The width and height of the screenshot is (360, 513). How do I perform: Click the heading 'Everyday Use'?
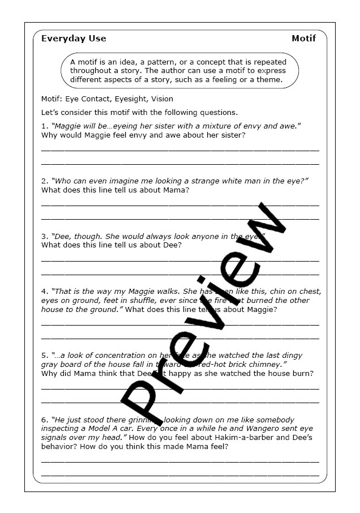[x=74, y=39]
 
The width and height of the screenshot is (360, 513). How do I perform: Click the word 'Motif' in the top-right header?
[x=303, y=39]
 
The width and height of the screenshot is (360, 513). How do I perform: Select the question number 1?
[x=44, y=126]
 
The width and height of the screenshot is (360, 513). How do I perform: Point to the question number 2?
[x=44, y=181]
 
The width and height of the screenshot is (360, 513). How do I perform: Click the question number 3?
[x=44, y=236]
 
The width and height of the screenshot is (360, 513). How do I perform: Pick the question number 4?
[x=44, y=291]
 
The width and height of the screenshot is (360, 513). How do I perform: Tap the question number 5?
[x=44, y=355]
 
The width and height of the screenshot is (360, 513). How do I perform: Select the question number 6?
[x=44, y=420]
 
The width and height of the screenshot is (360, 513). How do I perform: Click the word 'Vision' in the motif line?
[x=162, y=99]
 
